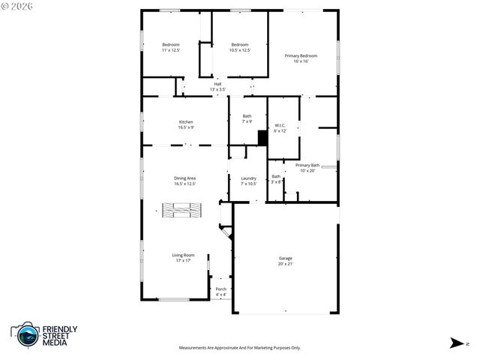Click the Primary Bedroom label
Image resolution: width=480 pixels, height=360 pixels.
300,55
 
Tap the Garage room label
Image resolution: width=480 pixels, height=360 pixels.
286,258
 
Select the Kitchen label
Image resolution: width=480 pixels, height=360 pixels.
185,122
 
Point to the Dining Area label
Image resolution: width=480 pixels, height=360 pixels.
185,178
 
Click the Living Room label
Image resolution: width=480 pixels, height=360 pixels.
184,255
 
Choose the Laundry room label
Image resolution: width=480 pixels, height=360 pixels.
248,178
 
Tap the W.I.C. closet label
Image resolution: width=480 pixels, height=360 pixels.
280,125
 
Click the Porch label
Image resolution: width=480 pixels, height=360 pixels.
220,289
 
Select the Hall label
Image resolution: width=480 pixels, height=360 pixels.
217,84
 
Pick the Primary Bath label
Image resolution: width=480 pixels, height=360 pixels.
307,165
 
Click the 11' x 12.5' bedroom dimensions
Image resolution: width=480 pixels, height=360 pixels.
171,50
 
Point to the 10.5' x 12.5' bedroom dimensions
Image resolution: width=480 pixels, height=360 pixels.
239,50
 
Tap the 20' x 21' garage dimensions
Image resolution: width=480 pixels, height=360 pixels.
286,263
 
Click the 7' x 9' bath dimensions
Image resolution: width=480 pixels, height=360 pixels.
247,121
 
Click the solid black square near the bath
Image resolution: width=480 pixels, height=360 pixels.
262,138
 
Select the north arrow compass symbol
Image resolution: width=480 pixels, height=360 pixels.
456,343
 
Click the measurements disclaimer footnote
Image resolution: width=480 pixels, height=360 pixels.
239,348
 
